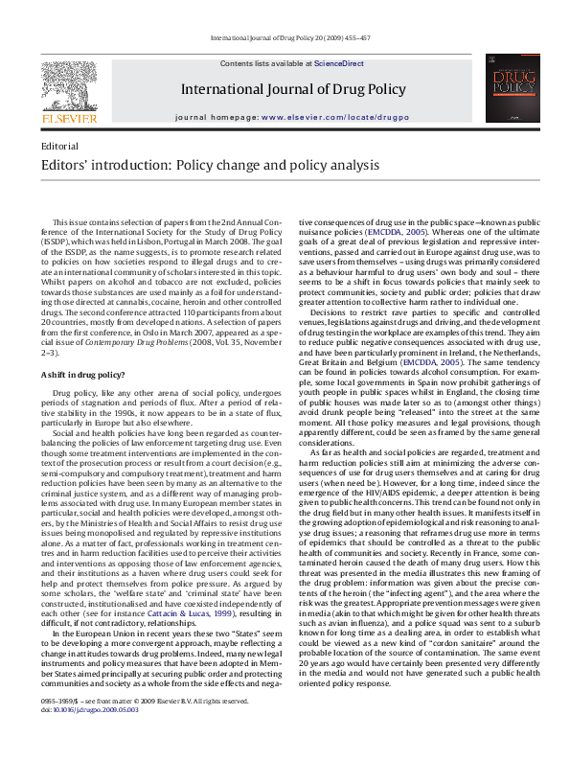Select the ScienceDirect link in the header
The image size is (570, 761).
339,62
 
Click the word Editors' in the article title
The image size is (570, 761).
66,165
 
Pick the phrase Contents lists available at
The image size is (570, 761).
266,62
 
